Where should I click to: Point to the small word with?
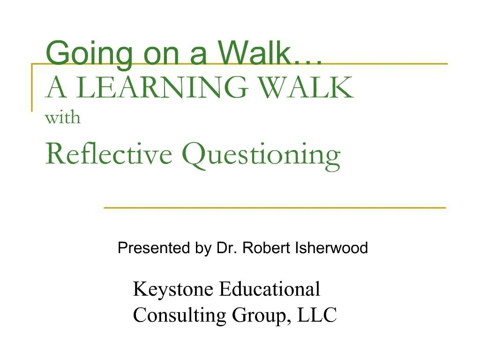(x=62, y=118)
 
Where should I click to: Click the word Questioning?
(x=261, y=155)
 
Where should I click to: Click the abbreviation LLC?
(x=318, y=315)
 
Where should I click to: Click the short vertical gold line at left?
(x=32, y=87)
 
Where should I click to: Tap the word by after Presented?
(x=204, y=248)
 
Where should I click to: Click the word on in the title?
(x=159, y=53)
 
